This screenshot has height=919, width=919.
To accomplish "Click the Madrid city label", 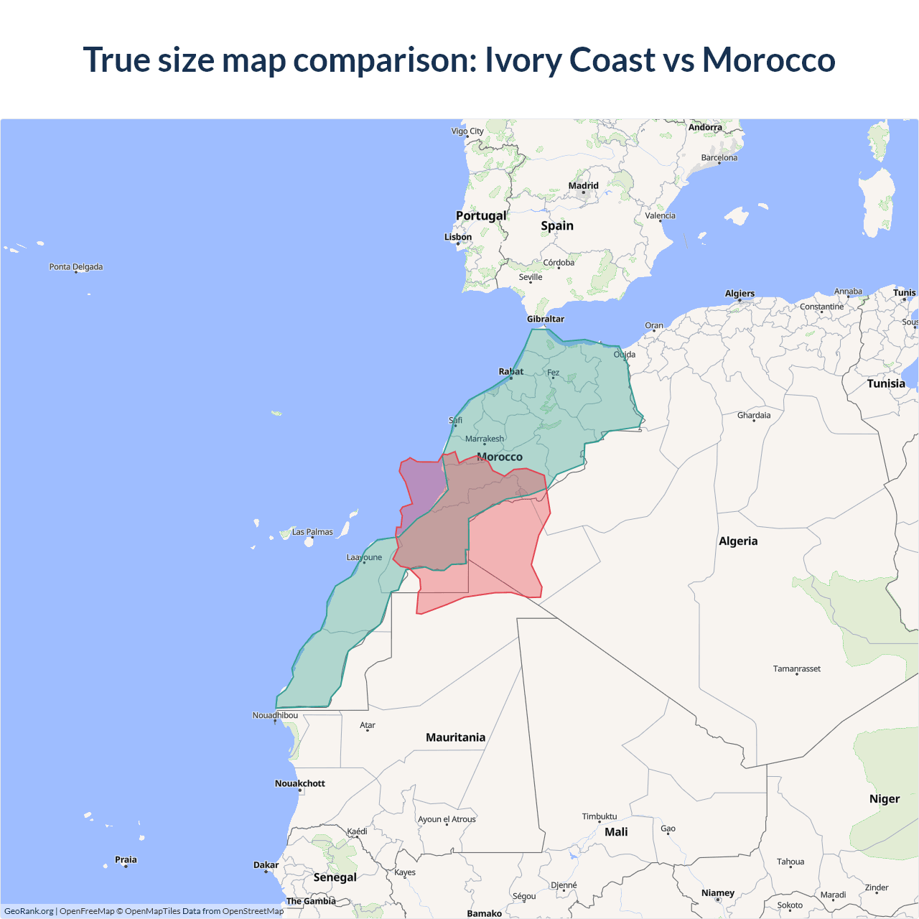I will click(x=583, y=186).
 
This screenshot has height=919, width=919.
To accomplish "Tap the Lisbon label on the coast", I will click(x=458, y=237).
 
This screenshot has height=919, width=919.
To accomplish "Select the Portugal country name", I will click(x=481, y=215).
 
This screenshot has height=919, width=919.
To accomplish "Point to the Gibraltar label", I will click(x=546, y=319).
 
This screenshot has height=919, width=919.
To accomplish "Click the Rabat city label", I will click(x=511, y=371).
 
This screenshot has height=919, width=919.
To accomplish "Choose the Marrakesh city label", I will click(x=485, y=439).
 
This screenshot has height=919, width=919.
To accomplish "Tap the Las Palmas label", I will click(x=312, y=532).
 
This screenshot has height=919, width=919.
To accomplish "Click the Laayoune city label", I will click(x=364, y=557).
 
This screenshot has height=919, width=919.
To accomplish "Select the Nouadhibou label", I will click(x=275, y=715).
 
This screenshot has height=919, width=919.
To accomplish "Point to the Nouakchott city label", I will click(x=300, y=783).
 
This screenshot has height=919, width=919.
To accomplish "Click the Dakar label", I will click(x=266, y=865).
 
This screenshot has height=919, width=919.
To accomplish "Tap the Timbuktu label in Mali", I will click(x=600, y=816).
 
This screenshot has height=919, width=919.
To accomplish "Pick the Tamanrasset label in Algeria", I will click(x=797, y=668).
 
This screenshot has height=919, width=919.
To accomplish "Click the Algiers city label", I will click(x=740, y=294).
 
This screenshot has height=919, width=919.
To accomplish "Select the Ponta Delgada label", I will click(x=76, y=267).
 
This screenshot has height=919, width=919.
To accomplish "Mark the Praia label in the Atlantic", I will click(x=126, y=859).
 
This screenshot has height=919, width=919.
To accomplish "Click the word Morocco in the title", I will click(x=768, y=60).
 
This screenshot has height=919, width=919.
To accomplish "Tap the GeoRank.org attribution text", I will click(x=29, y=911).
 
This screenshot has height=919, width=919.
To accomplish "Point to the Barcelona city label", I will click(x=719, y=158).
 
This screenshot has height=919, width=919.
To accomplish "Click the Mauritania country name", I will click(x=455, y=737).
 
